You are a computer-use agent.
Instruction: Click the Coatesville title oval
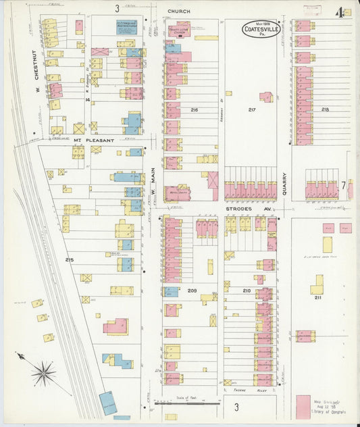pos(261,30)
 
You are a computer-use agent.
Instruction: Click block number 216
pos(195,109)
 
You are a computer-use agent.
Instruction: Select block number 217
pos(252,109)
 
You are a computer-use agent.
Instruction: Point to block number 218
pos(325,109)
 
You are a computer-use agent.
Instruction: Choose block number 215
pos(69,259)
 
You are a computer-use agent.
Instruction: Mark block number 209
pos(192,291)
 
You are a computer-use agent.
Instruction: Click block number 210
pos(247,291)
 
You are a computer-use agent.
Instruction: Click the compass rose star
pos(44,372)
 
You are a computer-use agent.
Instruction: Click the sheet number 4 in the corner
pos(338,12)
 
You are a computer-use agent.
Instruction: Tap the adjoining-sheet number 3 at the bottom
pos(236,407)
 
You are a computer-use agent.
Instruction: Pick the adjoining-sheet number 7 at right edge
pos(343,184)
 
